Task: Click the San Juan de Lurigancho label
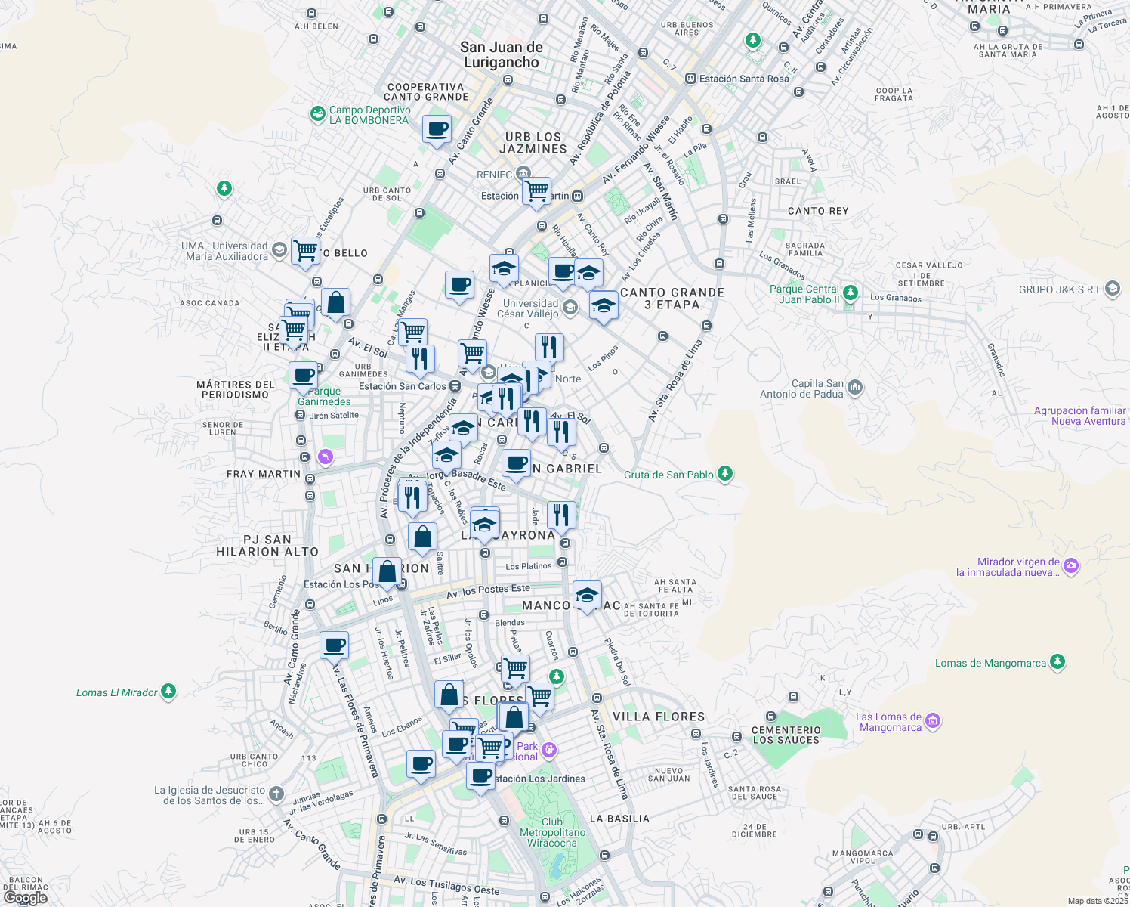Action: coord(502,54)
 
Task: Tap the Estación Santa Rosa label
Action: coord(743,79)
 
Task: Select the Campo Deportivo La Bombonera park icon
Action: coord(318,114)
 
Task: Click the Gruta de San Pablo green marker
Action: coord(725,474)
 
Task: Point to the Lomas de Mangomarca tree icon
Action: coord(1057,663)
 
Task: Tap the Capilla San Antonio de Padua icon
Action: coord(855,388)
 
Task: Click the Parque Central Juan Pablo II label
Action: coord(804,294)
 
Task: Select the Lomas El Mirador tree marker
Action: coord(168,692)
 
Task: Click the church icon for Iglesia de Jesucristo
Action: coord(276,794)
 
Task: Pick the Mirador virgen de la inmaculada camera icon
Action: coord(1071,565)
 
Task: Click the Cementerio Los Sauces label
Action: coord(786,735)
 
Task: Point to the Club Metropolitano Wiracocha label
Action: coord(552,832)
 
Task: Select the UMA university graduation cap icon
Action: coord(279,250)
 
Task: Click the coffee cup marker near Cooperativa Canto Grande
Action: coord(437,130)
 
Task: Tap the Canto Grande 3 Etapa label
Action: coord(672,298)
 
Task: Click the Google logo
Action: coord(26,897)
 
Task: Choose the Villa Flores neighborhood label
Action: coord(659,717)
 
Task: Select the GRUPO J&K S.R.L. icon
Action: coord(1112,289)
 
